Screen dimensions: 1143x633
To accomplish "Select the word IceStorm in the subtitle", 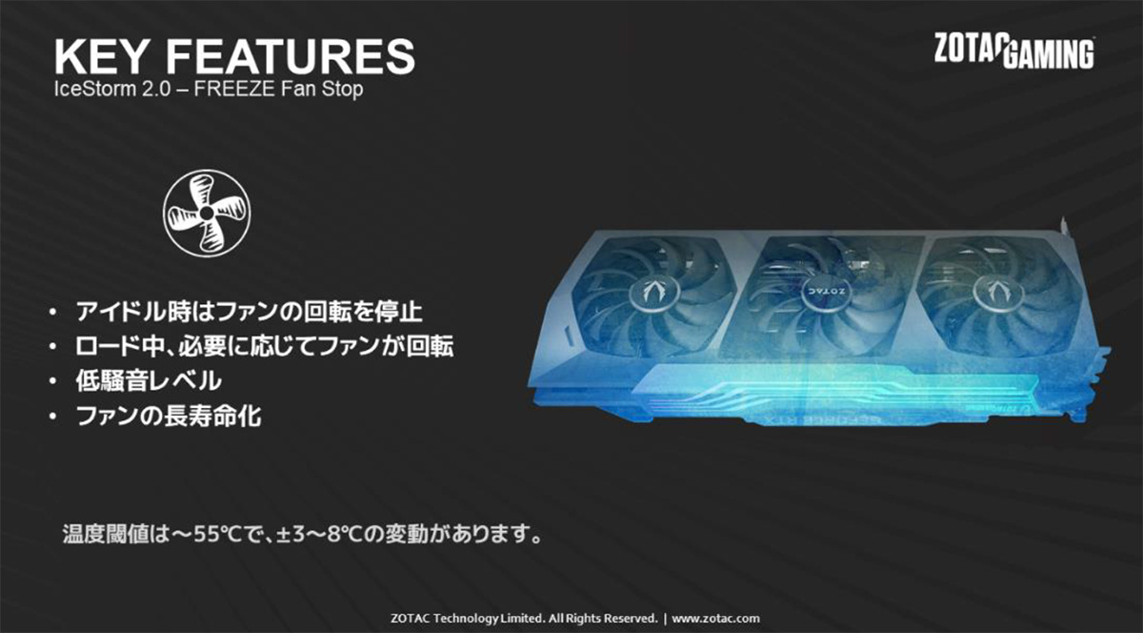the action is pos(95,90).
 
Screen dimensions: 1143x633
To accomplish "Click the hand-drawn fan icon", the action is pos(207,213).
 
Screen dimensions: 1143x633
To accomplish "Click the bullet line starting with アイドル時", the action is pos(250,312).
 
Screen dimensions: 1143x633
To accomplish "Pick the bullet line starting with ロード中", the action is pos(265,346).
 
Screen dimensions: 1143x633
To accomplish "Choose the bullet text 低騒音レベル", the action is pos(149,381).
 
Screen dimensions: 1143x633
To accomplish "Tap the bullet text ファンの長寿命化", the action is pos(169,416).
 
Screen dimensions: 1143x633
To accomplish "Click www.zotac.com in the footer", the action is pos(715,619).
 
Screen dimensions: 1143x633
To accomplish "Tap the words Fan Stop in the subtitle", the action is pos(322,90).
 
